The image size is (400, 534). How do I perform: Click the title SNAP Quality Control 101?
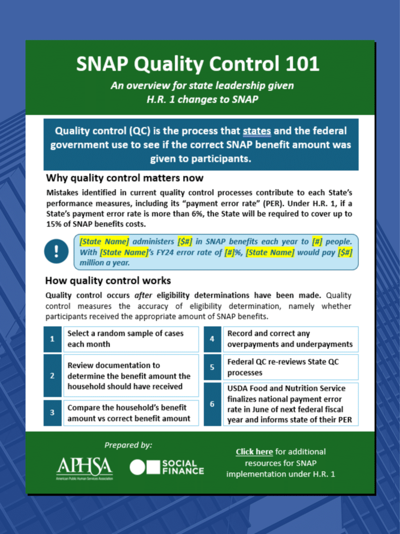(198, 64)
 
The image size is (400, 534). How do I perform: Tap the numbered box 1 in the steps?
(52, 339)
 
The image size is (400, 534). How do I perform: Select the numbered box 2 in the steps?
(52, 375)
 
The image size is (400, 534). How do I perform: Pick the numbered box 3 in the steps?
(52, 413)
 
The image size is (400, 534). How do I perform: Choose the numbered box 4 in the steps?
(212, 339)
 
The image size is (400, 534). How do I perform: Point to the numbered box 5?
(212, 367)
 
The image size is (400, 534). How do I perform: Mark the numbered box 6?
(212, 404)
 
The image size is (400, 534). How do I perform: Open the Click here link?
(254, 451)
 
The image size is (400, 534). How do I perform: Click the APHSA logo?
(84, 468)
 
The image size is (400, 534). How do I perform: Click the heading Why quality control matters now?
(125, 178)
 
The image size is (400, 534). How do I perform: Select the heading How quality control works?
(108, 281)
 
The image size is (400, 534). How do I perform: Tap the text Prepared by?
(128, 445)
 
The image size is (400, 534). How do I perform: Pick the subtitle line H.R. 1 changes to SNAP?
(202, 99)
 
